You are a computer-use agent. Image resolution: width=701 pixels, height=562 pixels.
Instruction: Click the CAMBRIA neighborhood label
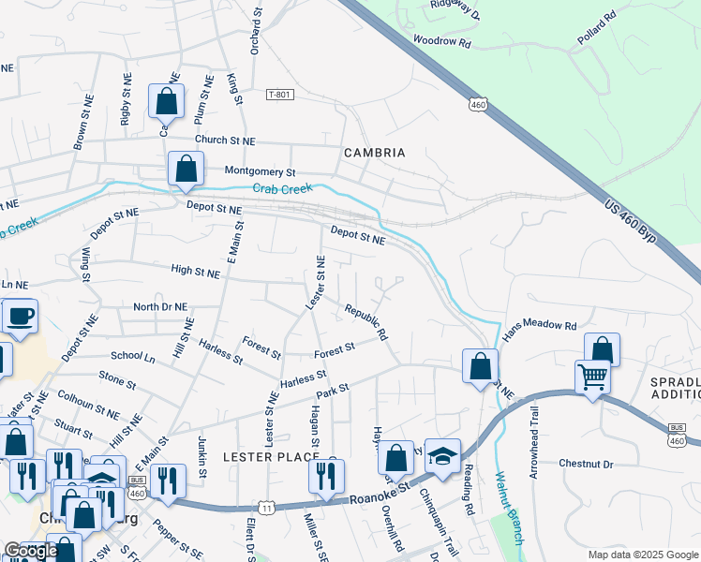pos(374,153)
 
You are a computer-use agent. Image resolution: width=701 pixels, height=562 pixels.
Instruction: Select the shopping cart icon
pos(592,377)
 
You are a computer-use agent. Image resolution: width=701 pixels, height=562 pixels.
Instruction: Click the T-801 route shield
pos(279,95)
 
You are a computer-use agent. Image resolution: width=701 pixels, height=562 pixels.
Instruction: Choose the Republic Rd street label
pos(365,320)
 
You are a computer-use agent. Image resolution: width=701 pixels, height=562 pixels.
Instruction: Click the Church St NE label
pos(224,140)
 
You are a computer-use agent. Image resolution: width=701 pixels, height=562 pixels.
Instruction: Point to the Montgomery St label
pos(260,172)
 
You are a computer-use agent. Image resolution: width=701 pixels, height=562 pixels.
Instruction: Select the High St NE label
pos(195,271)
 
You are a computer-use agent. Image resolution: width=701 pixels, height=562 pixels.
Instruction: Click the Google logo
pos(31,551)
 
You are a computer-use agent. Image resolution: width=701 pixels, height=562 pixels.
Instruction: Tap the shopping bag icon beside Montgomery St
pos(186,170)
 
